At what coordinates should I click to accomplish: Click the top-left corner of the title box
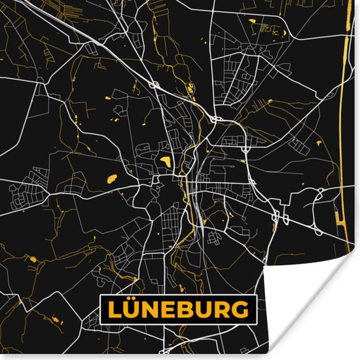(100, 297)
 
